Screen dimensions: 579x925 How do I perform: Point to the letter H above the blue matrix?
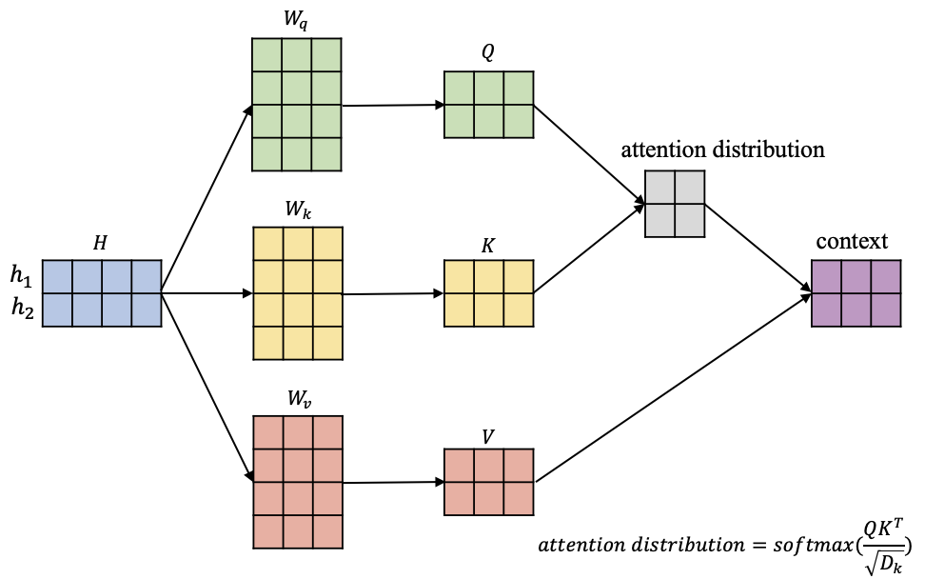101,243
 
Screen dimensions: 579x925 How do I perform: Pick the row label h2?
20,308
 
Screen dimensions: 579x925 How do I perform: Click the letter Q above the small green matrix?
487,54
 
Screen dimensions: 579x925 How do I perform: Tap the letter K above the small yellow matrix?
488,245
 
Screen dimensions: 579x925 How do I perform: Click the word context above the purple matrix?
852,242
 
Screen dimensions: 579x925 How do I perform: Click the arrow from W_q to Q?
392,106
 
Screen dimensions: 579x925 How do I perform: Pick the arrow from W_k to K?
392,294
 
